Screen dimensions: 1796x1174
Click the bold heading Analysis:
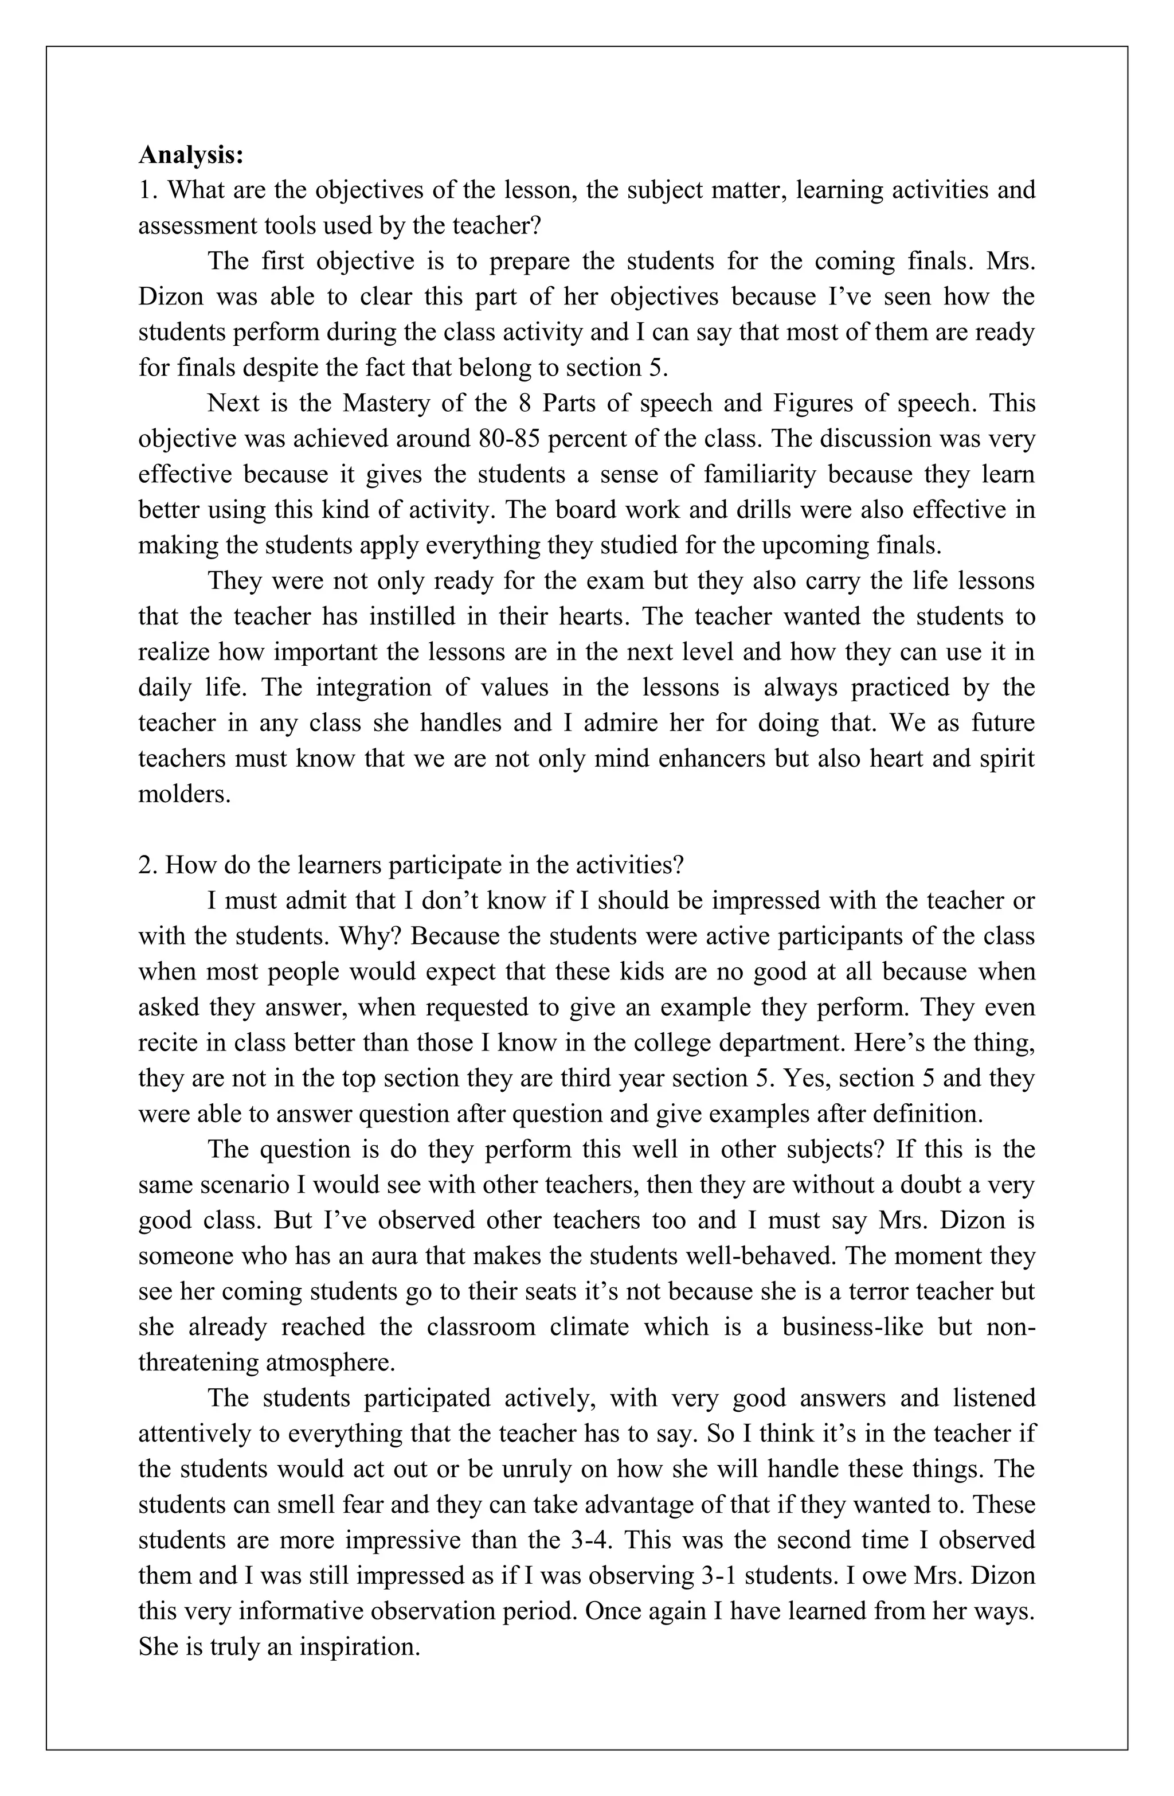(x=191, y=155)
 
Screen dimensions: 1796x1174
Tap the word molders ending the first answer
(x=183, y=794)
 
